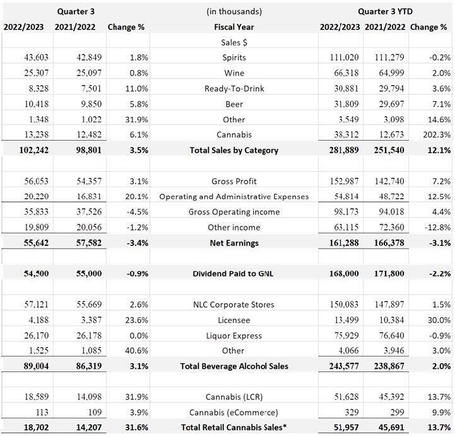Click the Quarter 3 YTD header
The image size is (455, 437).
(386, 11)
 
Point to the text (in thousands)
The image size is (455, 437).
(234, 11)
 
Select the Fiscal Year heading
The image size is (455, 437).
(234, 27)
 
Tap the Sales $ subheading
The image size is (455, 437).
(234, 42)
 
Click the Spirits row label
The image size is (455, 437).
(234, 57)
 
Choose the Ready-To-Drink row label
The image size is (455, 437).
(234, 88)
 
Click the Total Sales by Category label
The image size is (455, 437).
(234, 150)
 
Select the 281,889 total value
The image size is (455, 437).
(341, 150)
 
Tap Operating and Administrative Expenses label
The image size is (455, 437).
(234, 197)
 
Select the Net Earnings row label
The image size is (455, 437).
(234, 243)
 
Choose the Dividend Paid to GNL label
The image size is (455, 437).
(234, 274)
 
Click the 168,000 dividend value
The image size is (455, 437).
(341, 274)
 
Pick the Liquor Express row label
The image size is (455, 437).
(234, 335)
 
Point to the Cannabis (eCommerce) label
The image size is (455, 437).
(234, 412)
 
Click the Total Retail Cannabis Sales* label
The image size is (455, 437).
(234, 428)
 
